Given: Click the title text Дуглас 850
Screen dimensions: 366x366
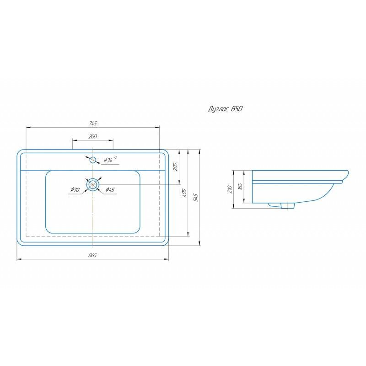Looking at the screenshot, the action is pos(225,109).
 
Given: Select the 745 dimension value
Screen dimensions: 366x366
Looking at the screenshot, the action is pos(93,124).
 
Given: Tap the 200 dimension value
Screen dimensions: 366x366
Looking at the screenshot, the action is pos(93,136).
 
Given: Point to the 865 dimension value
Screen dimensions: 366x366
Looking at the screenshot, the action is pos(92,255).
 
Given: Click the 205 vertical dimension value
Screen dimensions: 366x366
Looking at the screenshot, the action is pos(176,167).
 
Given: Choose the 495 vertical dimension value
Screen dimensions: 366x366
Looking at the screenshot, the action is pos(184,193).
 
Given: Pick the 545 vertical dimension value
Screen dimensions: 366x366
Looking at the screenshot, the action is pos(196,198).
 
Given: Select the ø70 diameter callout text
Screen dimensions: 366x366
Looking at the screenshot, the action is pos(75,189).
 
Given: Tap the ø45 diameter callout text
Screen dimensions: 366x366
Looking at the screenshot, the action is pos(110,189).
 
